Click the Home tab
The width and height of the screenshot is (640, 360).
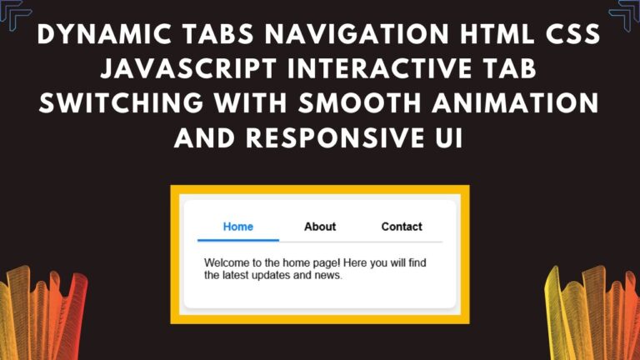tap(238, 227)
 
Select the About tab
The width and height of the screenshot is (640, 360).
tap(320, 227)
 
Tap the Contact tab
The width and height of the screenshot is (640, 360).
tap(402, 227)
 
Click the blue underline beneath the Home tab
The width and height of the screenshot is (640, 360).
tap(238, 240)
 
